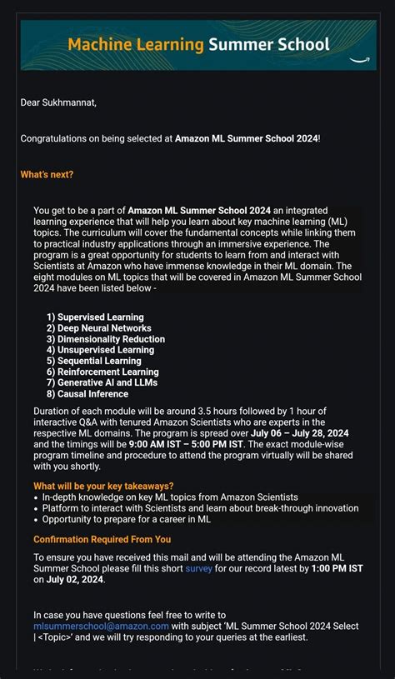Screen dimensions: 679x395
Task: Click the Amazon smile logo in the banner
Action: [359, 59]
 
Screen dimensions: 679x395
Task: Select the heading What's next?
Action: [47, 174]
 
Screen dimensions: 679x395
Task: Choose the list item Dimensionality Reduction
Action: [111, 339]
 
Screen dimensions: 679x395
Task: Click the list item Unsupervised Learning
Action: [106, 350]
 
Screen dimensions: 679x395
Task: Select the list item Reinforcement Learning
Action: [107, 372]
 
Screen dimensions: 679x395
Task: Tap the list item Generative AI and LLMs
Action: [107, 382]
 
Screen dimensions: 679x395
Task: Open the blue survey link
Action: [198, 568]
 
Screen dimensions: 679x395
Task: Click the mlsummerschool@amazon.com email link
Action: [101, 626]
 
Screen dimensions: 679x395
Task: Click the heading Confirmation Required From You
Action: [102, 539]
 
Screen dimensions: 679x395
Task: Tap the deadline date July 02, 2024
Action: [75, 579]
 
